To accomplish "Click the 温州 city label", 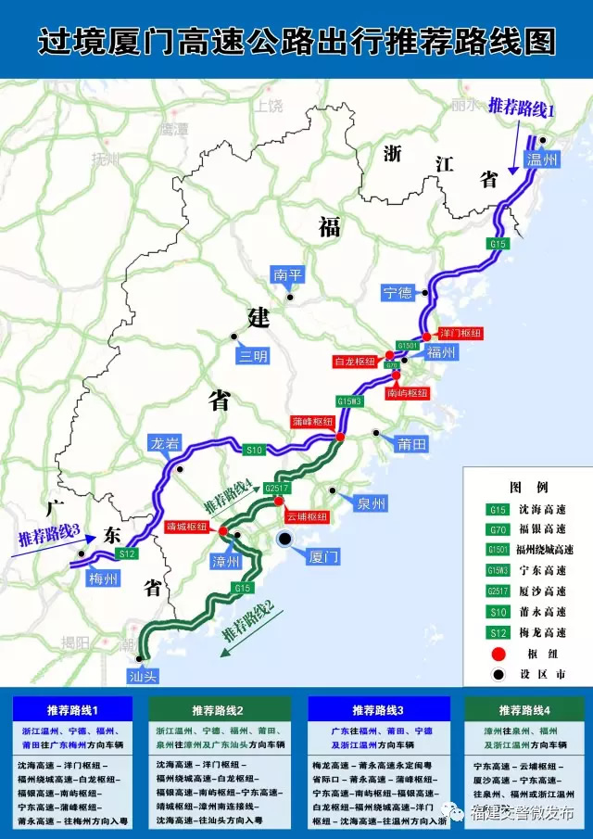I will [x=544, y=160].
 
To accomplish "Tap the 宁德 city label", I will [x=398, y=293].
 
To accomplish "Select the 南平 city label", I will [x=287, y=275].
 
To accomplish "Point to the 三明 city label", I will [x=253, y=355].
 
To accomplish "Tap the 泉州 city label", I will [x=371, y=503].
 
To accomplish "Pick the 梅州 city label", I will [x=104, y=579].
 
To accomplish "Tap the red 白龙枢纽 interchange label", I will [x=355, y=361].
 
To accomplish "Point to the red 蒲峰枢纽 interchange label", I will [x=311, y=421].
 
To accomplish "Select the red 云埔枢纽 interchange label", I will [x=307, y=516].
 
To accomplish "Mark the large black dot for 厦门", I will [x=286, y=539].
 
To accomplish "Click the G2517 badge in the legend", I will [x=498, y=591].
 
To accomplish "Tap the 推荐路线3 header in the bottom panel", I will [x=376, y=710].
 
